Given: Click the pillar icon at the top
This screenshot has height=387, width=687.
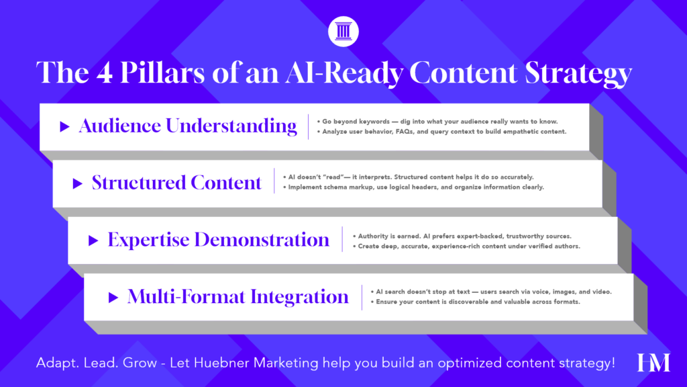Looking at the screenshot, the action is [x=343, y=32].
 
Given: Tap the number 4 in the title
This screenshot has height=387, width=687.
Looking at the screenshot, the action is [x=104, y=73].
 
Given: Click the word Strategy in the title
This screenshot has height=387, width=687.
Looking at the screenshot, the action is [x=578, y=74].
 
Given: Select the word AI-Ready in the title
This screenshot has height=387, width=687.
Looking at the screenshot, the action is [x=344, y=73].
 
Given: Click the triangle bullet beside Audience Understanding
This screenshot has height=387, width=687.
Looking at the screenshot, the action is [x=65, y=126].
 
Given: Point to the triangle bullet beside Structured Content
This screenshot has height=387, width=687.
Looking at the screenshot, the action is [x=78, y=183].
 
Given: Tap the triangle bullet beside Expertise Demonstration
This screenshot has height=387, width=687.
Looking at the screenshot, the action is [x=93, y=241].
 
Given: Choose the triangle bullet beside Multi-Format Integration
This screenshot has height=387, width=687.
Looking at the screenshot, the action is [x=113, y=298].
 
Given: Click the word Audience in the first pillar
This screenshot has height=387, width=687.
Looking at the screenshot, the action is [x=119, y=126].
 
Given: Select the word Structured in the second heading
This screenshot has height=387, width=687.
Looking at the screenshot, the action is [x=138, y=183].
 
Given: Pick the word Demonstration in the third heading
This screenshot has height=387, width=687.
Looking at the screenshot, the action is [x=262, y=240].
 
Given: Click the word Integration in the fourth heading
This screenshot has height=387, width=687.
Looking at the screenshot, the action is [x=300, y=297].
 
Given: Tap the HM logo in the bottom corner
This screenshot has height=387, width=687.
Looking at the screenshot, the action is [x=653, y=362].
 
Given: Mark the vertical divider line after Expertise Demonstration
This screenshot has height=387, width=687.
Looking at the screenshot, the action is [x=342, y=239].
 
